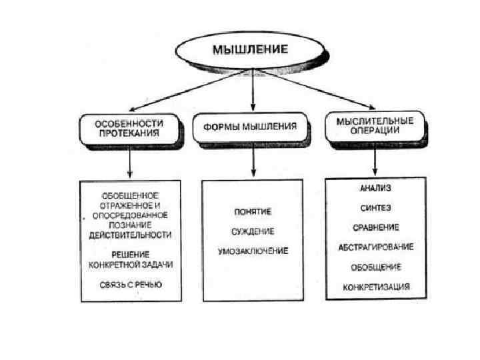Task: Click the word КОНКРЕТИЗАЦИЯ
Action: coord(377,287)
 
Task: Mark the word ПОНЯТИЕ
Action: coord(252,212)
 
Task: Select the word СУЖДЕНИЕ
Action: coord(252,231)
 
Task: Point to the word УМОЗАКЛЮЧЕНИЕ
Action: coord(252,251)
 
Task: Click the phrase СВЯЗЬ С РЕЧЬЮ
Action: coord(131,285)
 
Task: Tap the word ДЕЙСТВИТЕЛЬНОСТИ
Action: coord(131,235)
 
